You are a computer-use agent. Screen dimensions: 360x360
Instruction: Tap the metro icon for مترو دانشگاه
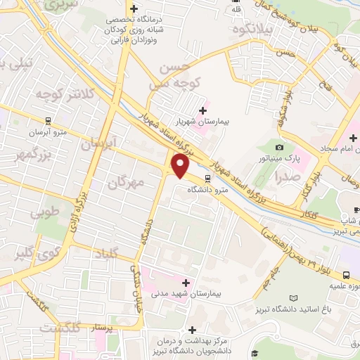coord(207,179)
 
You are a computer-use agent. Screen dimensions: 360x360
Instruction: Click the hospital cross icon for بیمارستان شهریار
coord(204,110)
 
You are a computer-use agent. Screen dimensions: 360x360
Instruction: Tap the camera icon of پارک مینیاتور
coord(279,147)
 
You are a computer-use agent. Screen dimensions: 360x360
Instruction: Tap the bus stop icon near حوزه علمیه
coord(347,275)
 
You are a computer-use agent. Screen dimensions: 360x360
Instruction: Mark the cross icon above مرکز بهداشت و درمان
coord(192,330)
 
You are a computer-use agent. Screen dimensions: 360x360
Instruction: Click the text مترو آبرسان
coord(48,131)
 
